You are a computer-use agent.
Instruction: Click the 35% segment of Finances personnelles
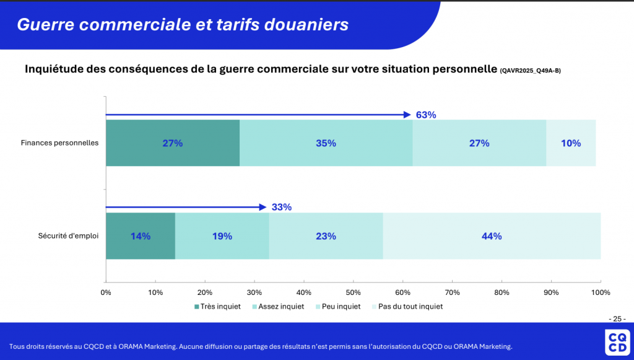coord(326,143)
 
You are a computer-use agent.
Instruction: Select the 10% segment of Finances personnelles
coord(571,143)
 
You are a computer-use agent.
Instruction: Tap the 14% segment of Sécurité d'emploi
coord(141,236)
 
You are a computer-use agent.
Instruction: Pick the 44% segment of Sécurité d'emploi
coord(492,236)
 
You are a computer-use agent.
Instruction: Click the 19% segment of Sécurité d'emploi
coord(222,236)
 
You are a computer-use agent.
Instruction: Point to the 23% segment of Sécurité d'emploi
coord(326,236)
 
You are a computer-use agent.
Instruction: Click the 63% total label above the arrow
coord(426,115)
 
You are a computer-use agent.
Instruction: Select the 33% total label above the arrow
coord(281,207)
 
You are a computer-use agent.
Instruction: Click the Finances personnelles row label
coord(59,143)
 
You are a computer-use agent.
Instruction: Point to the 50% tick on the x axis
coord(353,292)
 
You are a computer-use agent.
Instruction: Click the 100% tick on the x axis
coord(601,292)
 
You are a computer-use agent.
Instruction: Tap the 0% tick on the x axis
coord(106,292)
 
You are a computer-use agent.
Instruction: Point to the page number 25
coord(616,318)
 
